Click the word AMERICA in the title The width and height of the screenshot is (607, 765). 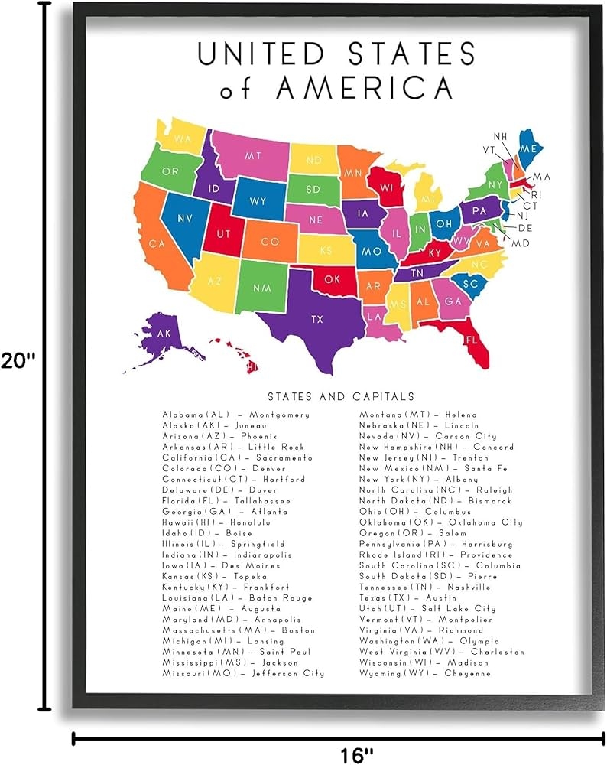(x=365, y=89)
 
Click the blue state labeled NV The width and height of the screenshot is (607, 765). (x=184, y=218)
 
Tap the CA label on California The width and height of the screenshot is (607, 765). (x=157, y=244)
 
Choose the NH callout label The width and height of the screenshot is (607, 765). (x=500, y=137)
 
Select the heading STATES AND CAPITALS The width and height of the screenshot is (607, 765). (x=341, y=396)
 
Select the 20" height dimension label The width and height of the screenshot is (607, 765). (x=18, y=360)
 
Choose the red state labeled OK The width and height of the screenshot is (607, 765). (x=333, y=280)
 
